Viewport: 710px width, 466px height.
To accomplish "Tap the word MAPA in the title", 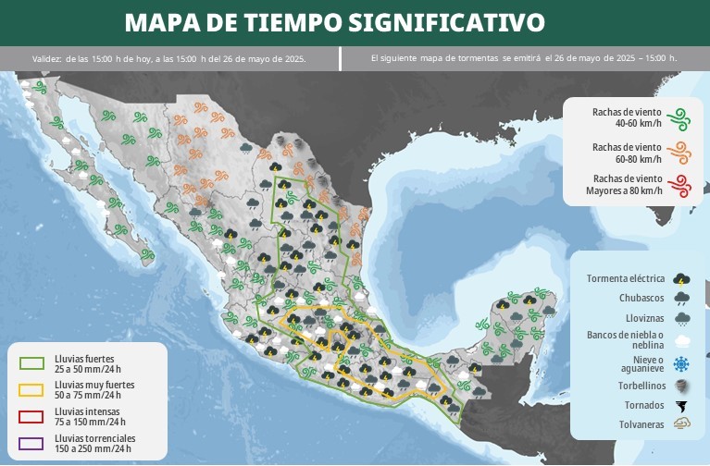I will [159, 21].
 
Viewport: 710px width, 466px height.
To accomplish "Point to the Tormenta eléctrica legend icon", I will [682, 278].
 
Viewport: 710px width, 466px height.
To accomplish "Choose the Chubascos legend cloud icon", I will [682, 299].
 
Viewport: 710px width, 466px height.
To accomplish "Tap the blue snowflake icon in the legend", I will [682, 362].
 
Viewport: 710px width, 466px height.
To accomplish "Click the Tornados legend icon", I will [682, 406].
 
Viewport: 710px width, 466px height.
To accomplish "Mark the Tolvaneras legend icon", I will [682, 425].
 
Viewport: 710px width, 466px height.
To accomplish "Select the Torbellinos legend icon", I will [682, 385].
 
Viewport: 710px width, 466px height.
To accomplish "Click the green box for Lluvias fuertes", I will [31, 362].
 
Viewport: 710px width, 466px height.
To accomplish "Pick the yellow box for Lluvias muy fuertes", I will [31, 388].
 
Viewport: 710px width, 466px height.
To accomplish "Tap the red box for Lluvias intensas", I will [31, 415].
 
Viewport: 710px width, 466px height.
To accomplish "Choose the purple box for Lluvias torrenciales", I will [31, 441].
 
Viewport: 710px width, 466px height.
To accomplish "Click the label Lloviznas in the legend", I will [641, 319].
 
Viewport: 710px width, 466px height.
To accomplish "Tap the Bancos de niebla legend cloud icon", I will [682, 339].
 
